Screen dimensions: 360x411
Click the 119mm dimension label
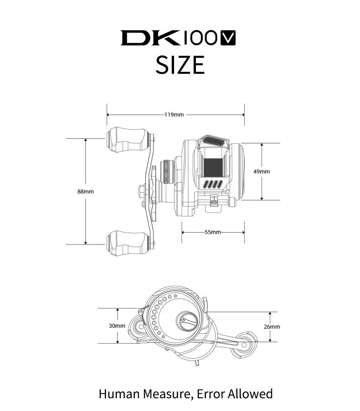(x=174, y=115)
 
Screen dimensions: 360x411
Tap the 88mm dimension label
(x=86, y=192)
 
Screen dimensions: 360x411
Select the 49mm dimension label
(x=262, y=172)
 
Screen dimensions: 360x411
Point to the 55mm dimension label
(x=213, y=232)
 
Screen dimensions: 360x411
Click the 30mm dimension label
(x=117, y=326)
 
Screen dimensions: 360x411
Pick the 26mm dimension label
(x=272, y=327)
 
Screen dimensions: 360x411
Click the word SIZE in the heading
(x=180, y=65)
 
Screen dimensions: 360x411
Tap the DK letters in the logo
(x=150, y=38)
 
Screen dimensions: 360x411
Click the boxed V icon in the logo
(x=228, y=38)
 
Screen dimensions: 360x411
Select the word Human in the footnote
(x=119, y=394)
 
